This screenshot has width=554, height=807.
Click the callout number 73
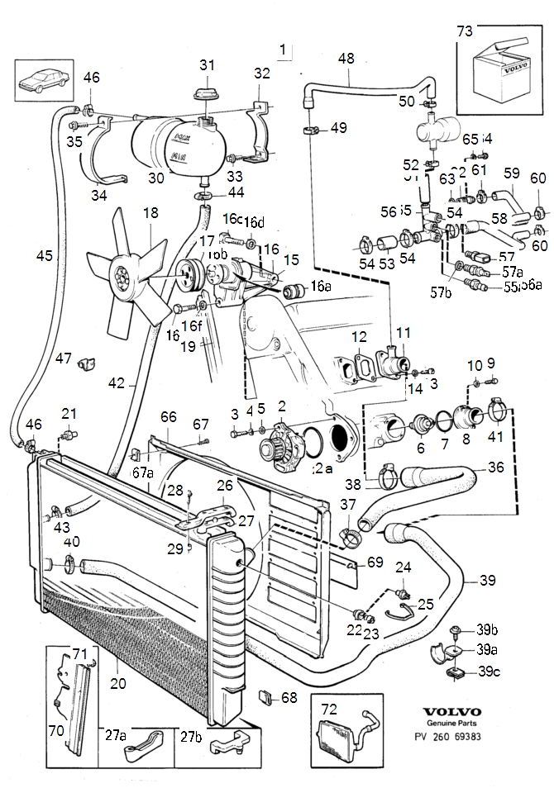coord(466,31)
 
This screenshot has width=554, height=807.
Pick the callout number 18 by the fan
coord(150,213)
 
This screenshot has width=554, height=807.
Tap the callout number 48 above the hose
coord(346,59)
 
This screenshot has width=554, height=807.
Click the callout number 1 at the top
coord(284,50)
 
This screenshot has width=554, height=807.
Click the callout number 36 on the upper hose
coord(495,467)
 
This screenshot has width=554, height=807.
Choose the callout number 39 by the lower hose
coord(489,580)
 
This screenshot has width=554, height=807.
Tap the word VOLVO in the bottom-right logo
coord(451,712)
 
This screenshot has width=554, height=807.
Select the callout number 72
coord(329,709)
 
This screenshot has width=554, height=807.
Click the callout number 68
coord(289,698)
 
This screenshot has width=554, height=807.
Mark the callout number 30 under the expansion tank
coord(156,177)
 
